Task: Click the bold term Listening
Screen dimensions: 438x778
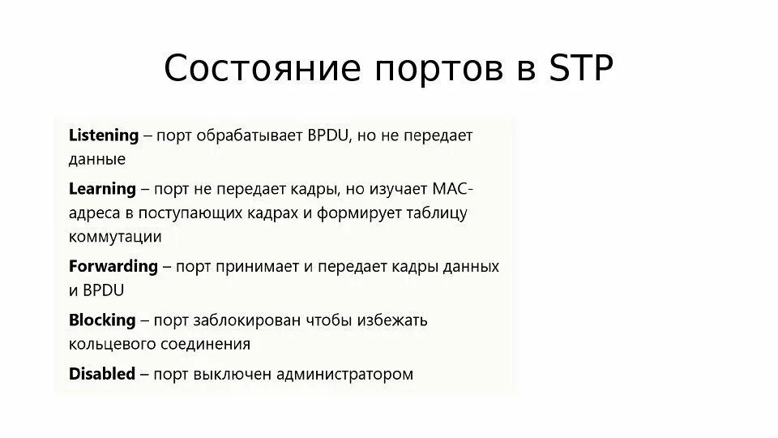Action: coord(104,135)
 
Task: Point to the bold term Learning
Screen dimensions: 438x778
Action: coord(102,189)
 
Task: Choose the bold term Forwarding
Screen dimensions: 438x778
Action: coord(113,266)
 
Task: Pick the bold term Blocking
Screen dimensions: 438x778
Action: coord(101,320)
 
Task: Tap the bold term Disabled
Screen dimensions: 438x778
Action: coord(102,374)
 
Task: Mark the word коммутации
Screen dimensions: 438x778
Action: coord(115,236)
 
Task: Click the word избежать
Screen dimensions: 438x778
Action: coord(392,320)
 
